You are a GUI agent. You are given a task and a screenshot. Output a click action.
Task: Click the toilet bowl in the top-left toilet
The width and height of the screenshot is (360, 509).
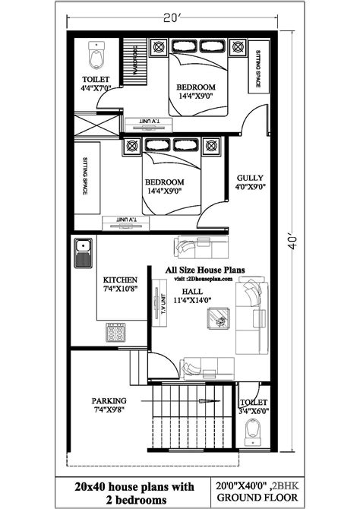click(96, 55)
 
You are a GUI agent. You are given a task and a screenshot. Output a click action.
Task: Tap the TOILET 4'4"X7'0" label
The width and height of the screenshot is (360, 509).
click(97, 84)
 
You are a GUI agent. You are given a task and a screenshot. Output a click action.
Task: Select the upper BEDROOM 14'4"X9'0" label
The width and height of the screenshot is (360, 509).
click(196, 92)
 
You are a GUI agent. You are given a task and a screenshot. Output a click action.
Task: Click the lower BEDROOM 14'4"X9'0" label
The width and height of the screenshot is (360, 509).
click(163, 188)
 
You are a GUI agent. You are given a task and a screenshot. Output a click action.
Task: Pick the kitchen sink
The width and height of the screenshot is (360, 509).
click(83, 252)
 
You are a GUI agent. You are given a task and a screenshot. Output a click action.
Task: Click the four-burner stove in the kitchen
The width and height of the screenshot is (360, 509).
click(115, 332)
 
